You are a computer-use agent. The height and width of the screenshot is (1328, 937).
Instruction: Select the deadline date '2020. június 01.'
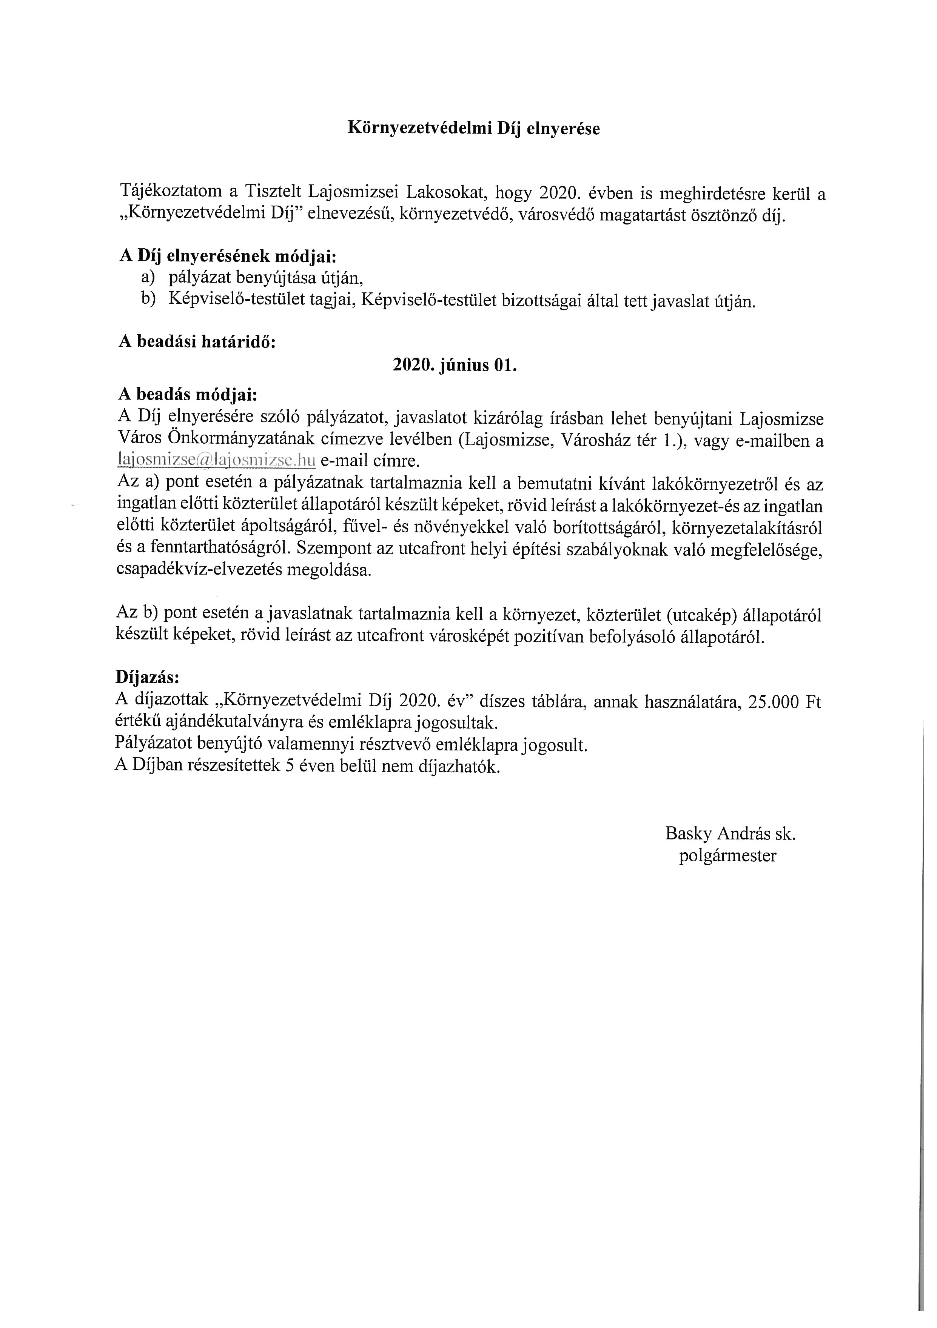[454, 366]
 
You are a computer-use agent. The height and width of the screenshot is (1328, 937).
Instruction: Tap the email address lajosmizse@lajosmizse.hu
[216, 460]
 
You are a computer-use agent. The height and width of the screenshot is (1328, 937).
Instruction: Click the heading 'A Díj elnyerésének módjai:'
[227, 256]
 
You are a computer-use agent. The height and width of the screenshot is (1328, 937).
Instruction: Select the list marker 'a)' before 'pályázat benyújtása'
[148, 278]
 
